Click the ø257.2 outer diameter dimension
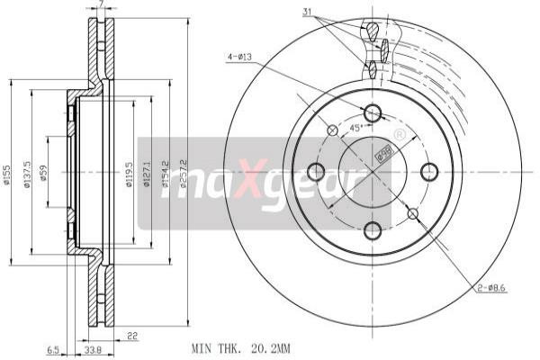182,171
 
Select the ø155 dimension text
7,171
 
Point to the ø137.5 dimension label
28,171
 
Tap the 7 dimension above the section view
101,5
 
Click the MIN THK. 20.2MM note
240,346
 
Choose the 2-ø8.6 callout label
491,287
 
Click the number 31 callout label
308,11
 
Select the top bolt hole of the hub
373,113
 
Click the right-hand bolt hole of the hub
429,171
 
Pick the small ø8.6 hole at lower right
413,213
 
